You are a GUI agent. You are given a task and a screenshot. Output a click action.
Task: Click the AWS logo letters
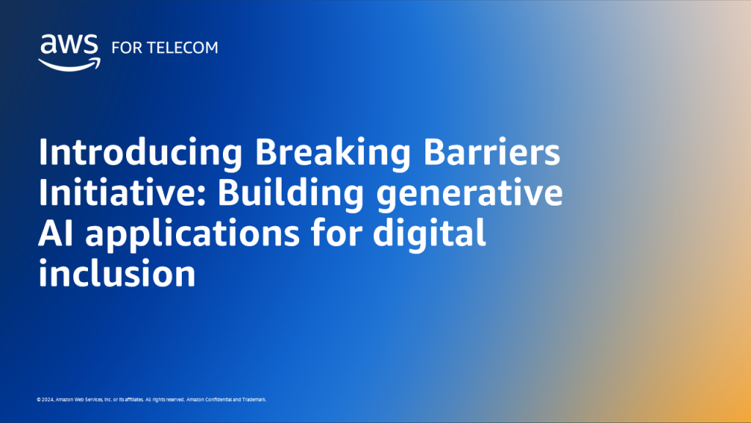pyautogui.click(x=68, y=46)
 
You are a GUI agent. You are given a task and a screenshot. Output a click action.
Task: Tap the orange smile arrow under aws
pyautogui.click(x=68, y=64)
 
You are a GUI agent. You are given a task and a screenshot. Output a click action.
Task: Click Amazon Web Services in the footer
pyautogui.click(x=75, y=399)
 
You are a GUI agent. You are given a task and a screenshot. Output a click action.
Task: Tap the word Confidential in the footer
pyautogui.click(x=218, y=399)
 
